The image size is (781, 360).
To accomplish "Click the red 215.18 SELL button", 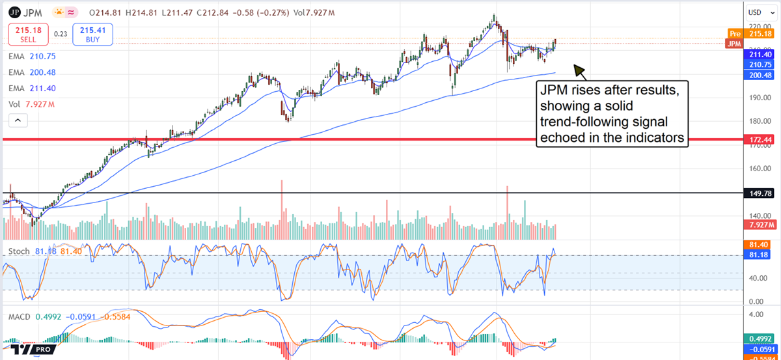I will [x=27, y=34].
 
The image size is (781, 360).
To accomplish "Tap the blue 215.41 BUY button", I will [x=92, y=34].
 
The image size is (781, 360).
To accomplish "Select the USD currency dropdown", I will [x=755, y=12].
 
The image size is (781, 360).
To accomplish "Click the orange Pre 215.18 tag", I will [x=752, y=33].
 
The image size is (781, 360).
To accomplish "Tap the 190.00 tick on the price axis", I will [x=755, y=98].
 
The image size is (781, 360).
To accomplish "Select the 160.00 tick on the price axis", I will [x=755, y=169].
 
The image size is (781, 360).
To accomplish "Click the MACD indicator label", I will [x=20, y=316].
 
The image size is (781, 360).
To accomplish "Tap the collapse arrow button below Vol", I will [x=18, y=120].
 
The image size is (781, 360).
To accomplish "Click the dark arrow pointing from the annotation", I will [x=579, y=71].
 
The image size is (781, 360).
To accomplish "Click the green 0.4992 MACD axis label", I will [x=759, y=339].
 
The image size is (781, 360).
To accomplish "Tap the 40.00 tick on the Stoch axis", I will [x=755, y=278].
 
